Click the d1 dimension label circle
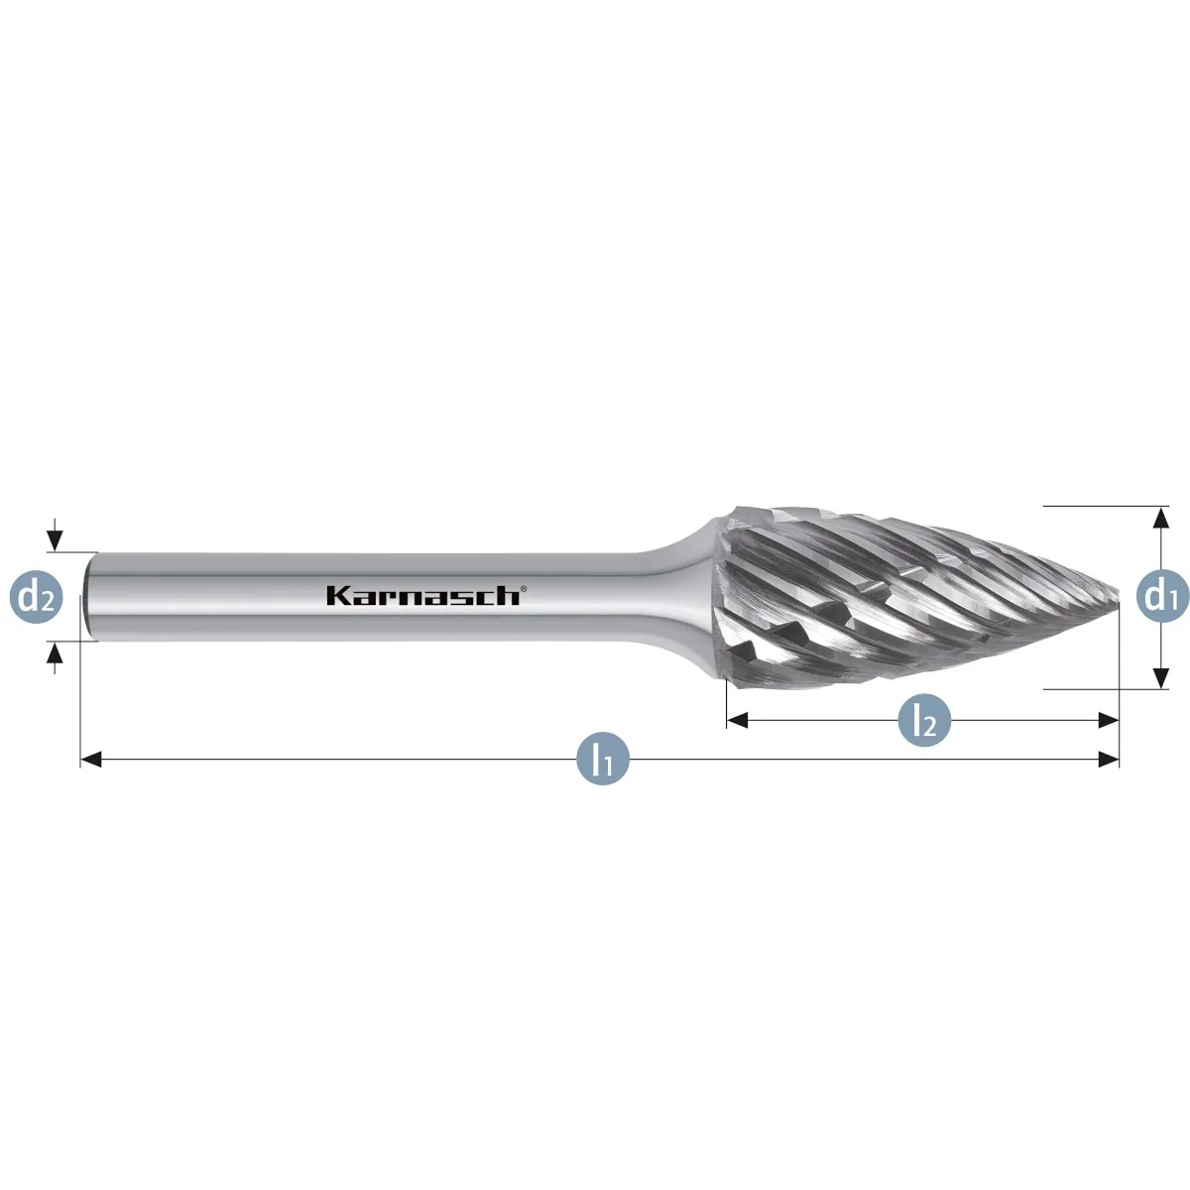pos(1162,597)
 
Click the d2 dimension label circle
pos(37,597)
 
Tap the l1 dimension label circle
pos(603,759)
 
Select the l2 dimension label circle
pos(924,719)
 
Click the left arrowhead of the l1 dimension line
pos(91,759)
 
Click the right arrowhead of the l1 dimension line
pos(1109,759)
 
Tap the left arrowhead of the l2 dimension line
pos(738,719)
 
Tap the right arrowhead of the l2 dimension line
pos(1109,719)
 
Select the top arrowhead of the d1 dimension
pos(1161,517)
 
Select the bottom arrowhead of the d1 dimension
pos(1161,678)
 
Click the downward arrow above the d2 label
pos(55,535)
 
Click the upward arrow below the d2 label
pos(55,657)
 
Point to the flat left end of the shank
pos(89,597)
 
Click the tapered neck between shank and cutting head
pos(682,597)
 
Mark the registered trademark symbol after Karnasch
pos(524,588)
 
